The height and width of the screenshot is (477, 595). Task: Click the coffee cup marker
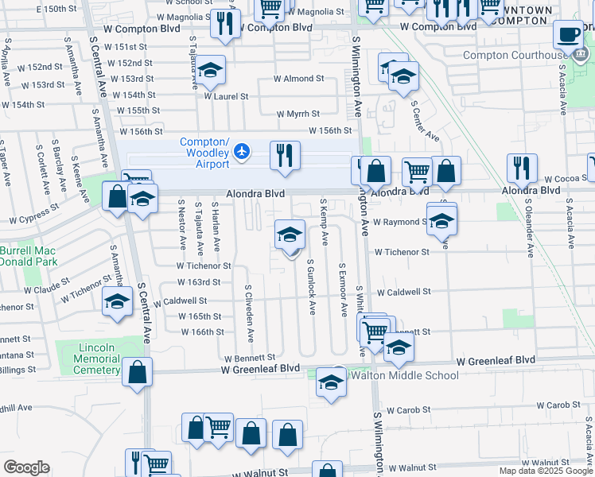568,34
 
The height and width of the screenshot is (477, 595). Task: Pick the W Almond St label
298,79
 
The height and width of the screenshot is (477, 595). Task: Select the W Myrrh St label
298,114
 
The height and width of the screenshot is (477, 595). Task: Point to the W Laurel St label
226,96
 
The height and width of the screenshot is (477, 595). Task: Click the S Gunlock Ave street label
312,285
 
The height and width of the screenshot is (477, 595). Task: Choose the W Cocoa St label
562,179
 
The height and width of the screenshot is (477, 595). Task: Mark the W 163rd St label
199,282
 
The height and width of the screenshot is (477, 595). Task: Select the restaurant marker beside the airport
284,156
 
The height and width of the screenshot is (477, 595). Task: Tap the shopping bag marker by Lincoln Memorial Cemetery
138,372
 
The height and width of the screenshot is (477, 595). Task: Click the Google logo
26,467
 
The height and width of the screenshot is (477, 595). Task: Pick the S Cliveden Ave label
249,314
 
